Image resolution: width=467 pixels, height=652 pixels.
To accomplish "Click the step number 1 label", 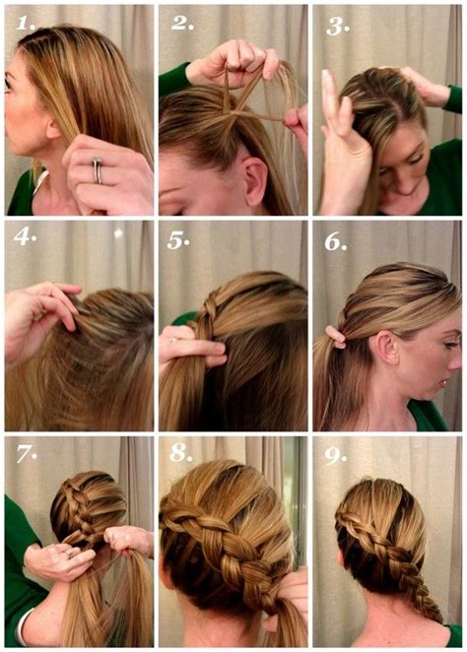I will [27, 23].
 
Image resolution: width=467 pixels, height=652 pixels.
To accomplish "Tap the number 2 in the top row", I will [181, 23].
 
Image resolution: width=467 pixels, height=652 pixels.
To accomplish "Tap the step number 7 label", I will [27, 455].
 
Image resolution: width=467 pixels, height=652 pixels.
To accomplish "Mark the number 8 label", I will [181, 455].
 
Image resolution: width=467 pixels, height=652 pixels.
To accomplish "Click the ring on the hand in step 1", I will [97, 170].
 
